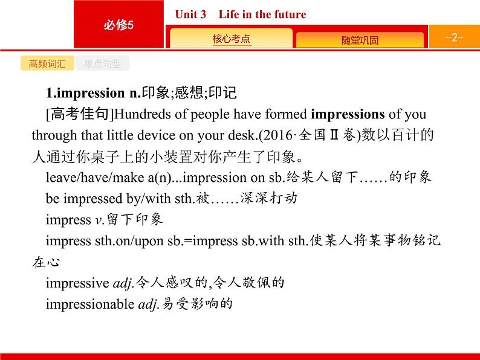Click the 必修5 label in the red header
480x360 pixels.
118,24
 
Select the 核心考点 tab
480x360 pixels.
231,39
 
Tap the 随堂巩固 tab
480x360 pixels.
360,40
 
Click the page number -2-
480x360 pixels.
453,37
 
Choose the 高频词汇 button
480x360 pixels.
47,64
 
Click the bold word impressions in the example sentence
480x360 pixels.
347,115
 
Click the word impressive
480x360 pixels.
78,282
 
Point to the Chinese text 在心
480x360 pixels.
46,262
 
